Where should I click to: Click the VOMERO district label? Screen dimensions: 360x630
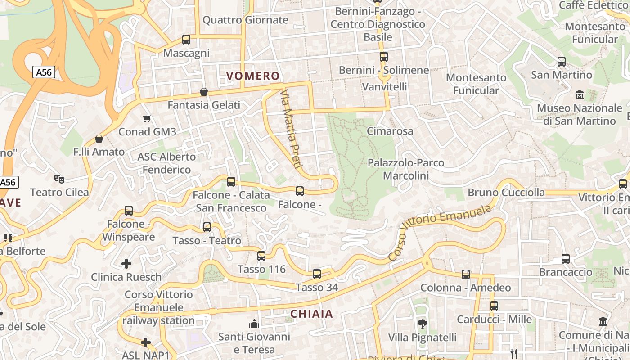[x=253, y=76]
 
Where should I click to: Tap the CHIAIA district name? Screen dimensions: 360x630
[x=311, y=314]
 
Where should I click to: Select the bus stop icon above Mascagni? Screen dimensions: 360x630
[x=186, y=40]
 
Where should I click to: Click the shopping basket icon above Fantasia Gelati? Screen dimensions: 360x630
[x=204, y=92]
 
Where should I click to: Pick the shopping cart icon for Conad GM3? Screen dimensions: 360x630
[x=147, y=119]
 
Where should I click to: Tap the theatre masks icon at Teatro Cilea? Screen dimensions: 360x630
[x=59, y=179]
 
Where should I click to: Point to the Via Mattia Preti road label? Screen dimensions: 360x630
[x=290, y=129]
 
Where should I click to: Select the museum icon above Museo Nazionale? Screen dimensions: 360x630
[x=580, y=95]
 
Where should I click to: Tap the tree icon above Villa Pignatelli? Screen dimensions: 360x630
[x=422, y=324]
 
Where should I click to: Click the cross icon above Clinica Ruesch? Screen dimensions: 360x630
[x=127, y=263]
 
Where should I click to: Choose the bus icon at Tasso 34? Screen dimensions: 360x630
[x=317, y=274]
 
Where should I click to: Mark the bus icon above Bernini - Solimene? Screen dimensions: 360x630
[x=384, y=57]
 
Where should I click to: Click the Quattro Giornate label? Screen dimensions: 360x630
[x=245, y=20]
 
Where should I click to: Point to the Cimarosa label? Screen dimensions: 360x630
[x=390, y=131]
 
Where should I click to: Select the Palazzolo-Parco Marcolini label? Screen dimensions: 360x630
[x=406, y=169]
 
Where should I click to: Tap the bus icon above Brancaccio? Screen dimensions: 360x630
[x=566, y=259]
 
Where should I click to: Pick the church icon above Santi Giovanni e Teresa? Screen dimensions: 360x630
[x=254, y=324]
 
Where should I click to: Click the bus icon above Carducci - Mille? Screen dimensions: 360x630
[x=494, y=306]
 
